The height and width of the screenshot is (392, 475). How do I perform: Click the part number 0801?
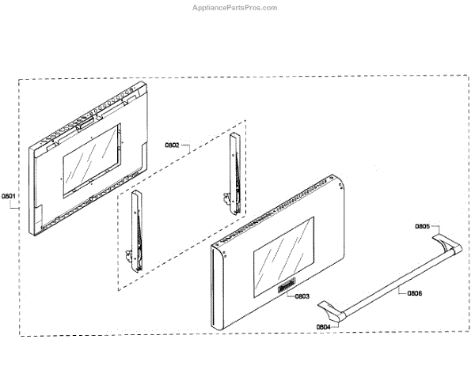(x=8, y=196)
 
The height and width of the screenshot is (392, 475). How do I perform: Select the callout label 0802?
(x=173, y=145)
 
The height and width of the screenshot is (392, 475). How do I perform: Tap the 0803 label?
(x=302, y=296)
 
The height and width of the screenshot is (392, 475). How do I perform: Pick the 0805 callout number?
(x=422, y=227)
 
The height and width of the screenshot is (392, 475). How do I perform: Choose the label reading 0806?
(x=414, y=293)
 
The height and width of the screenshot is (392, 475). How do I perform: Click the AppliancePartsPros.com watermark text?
(x=236, y=8)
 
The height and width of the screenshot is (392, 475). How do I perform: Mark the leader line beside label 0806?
(x=400, y=293)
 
